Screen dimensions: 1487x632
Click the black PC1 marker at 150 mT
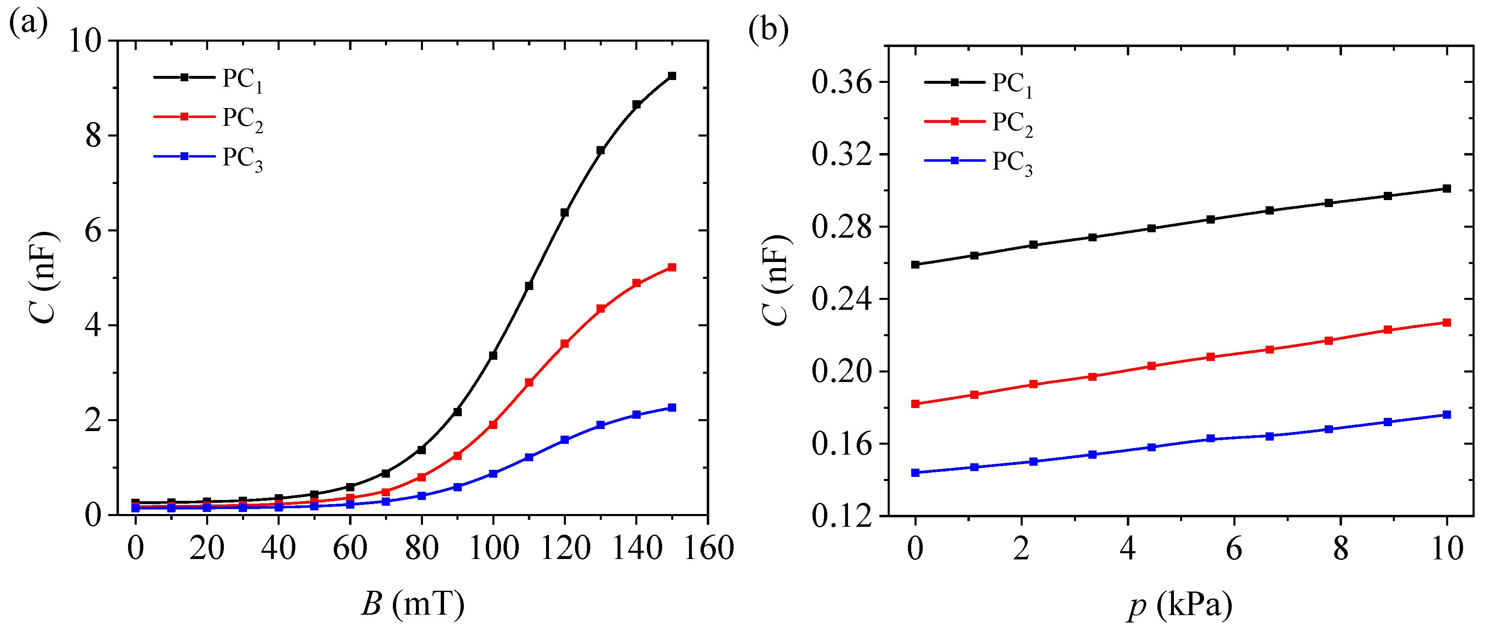[x=672, y=76]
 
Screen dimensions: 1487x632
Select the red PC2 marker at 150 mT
[x=672, y=268]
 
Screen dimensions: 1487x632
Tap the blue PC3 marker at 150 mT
[x=672, y=408]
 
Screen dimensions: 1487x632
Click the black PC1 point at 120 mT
[x=565, y=213]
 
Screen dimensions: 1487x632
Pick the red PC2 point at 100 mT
[x=493, y=424]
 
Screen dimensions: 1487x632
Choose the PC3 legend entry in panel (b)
[x=979, y=162]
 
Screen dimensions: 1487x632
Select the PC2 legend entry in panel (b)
[x=979, y=123]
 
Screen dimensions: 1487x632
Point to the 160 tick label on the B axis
[x=709, y=548]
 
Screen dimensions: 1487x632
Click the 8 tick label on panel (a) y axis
[x=93, y=136]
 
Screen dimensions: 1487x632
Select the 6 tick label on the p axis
[x=1234, y=548]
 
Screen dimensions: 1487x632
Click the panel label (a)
[x=28, y=24]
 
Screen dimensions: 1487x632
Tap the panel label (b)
[x=768, y=29]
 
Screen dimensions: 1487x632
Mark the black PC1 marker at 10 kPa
[x=1447, y=189]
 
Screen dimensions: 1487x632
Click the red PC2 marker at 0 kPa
[x=915, y=404]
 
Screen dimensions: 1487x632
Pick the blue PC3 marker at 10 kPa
[x=1447, y=415]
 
